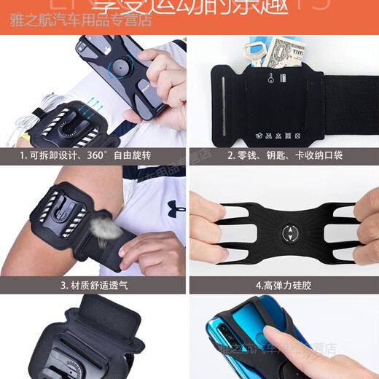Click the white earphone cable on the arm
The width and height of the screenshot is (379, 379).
[29, 109]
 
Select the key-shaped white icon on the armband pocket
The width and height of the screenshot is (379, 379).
[271, 79]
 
